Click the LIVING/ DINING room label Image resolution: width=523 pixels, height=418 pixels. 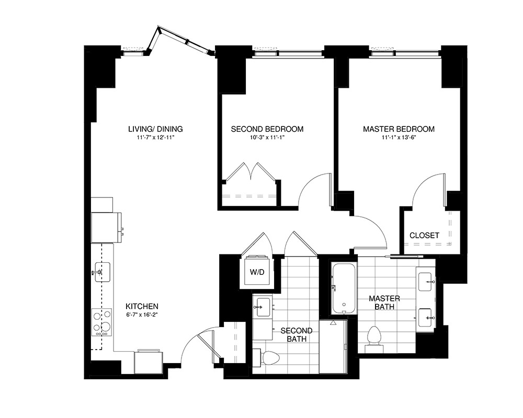tap(155, 129)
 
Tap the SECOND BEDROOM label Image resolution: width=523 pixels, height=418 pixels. tap(267, 129)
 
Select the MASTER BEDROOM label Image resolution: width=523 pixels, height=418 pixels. tap(399, 129)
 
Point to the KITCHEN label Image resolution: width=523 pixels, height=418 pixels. tap(142, 306)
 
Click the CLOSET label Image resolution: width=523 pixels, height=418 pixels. tap(424, 236)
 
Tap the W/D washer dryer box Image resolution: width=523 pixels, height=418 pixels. tap(256, 272)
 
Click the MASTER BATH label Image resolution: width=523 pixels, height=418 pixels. tap(384, 303)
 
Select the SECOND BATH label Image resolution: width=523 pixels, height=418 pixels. tap(297, 335)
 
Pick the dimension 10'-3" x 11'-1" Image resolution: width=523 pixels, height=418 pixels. tap(267, 138)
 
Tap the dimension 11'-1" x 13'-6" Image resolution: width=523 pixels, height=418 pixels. tap(399, 138)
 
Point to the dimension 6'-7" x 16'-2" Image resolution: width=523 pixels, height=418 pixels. tap(142, 316)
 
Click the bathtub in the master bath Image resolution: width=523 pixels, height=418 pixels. tap(344, 289)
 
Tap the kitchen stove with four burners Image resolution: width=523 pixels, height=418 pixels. tap(101, 322)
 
